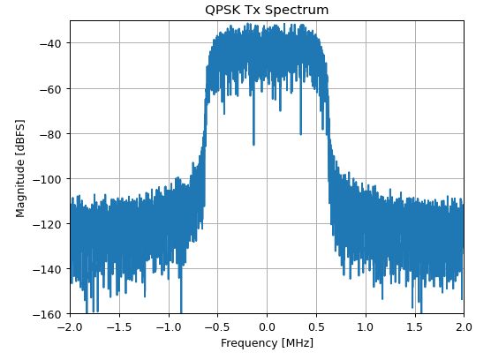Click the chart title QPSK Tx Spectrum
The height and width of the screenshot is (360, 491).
click(x=267, y=11)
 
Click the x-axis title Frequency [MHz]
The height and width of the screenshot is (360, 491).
click(x=267, y=342)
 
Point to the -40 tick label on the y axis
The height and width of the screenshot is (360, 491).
click(x=49, y=44)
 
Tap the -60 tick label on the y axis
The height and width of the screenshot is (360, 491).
click(x=49, y=89)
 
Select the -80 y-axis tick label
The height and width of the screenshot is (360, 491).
click(x=49, y=134)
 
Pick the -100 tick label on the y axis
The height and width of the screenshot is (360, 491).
click(x=47, y=179)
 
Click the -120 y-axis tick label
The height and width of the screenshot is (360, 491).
click(x=47, y=224)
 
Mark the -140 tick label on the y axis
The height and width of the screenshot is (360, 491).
click(x=47, y=269)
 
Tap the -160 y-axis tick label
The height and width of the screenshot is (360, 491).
click(x=47, y=314)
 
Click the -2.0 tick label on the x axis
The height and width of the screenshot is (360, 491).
click(x=70, y=326)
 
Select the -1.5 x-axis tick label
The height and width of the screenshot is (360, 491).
click(x=119, y=326)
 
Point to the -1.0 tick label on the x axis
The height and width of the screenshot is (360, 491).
click(x=168, y=326)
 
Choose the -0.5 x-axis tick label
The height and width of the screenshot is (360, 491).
click(x=217, y=326)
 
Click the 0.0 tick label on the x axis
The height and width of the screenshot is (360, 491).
click(x=267, y=326)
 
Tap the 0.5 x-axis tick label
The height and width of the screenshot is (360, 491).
click(x=316, y=326)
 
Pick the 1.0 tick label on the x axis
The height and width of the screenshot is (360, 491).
click(x=365, y=326)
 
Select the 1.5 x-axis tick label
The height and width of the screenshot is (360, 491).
click(x=414, y=326)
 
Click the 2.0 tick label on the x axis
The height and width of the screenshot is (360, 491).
click(x=463, y=326)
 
